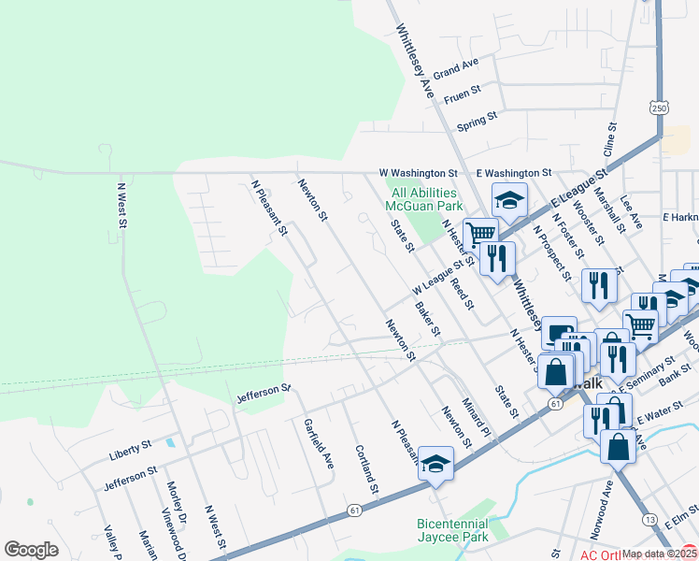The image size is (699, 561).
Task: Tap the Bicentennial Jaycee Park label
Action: click(x=452, y=530)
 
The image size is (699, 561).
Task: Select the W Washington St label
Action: click(x=418, y=173)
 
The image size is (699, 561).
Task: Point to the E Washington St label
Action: click(x=513, y=173)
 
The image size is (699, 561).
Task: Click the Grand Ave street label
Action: click(x=455, y=68)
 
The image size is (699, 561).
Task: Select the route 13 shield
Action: click(x=649, y=519)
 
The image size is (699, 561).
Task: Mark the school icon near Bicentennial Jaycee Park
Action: click(x=435, y=464)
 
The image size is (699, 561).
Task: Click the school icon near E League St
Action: click(x=509, y=199)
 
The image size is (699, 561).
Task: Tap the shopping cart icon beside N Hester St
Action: click(x=480, y=233)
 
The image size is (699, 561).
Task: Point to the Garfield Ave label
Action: click(x=319, y=443)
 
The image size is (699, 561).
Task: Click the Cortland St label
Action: click(x=366, y=469)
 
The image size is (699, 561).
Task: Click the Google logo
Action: click(x=31, y=550)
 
